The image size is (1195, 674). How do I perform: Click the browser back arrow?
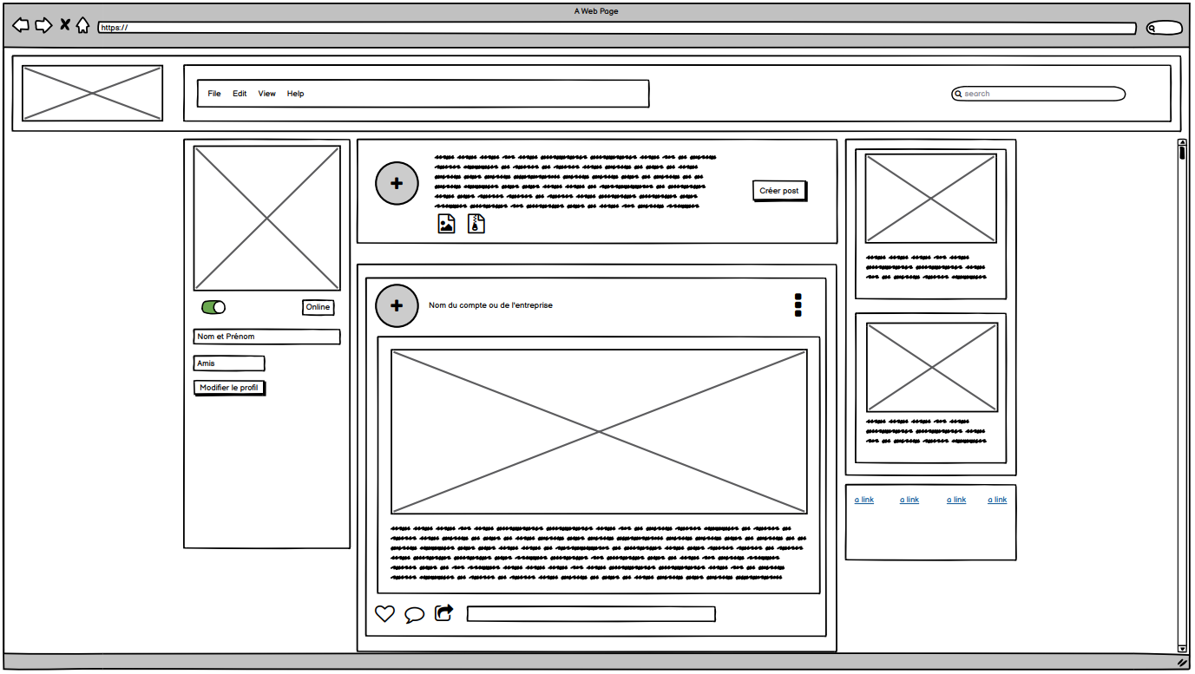[21, 25]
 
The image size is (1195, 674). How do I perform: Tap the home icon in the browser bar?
[82, 25]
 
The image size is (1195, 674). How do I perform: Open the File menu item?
[214, 94]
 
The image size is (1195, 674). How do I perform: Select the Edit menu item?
[240, 94]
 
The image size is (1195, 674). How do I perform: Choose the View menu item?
[266, 94]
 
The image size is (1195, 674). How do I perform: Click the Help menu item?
[295, 94]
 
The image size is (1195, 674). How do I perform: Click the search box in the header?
[1039, 94]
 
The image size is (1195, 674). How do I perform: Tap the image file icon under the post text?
[446, 224]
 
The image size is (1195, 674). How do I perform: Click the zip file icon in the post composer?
[476, 224]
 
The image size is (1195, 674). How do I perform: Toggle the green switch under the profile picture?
[213, 307]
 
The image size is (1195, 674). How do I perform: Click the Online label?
[318, 307]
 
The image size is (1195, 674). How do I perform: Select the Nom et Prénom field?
[266, 337]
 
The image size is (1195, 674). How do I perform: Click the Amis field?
[229, 363]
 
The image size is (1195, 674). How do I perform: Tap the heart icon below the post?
[384, 613]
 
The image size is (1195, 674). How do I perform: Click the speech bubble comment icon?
[414, 614]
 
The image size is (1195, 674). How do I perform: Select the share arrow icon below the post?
[443, 613]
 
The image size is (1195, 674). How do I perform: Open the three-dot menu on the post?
[798, 304]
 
